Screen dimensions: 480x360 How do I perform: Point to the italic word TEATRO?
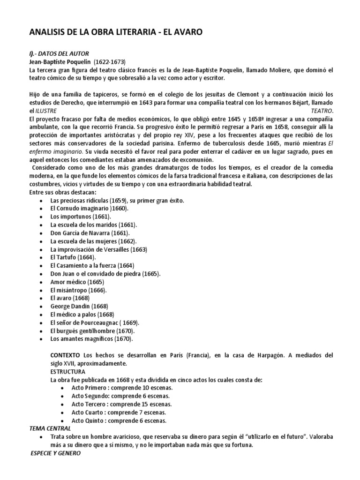click(322, 111)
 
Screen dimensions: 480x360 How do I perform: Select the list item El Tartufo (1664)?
click(73, 257)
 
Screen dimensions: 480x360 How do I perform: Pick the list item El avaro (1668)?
click(69, 298)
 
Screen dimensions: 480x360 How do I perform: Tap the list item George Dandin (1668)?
click(79, 306)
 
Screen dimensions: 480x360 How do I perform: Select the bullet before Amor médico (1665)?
click(43, 282)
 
